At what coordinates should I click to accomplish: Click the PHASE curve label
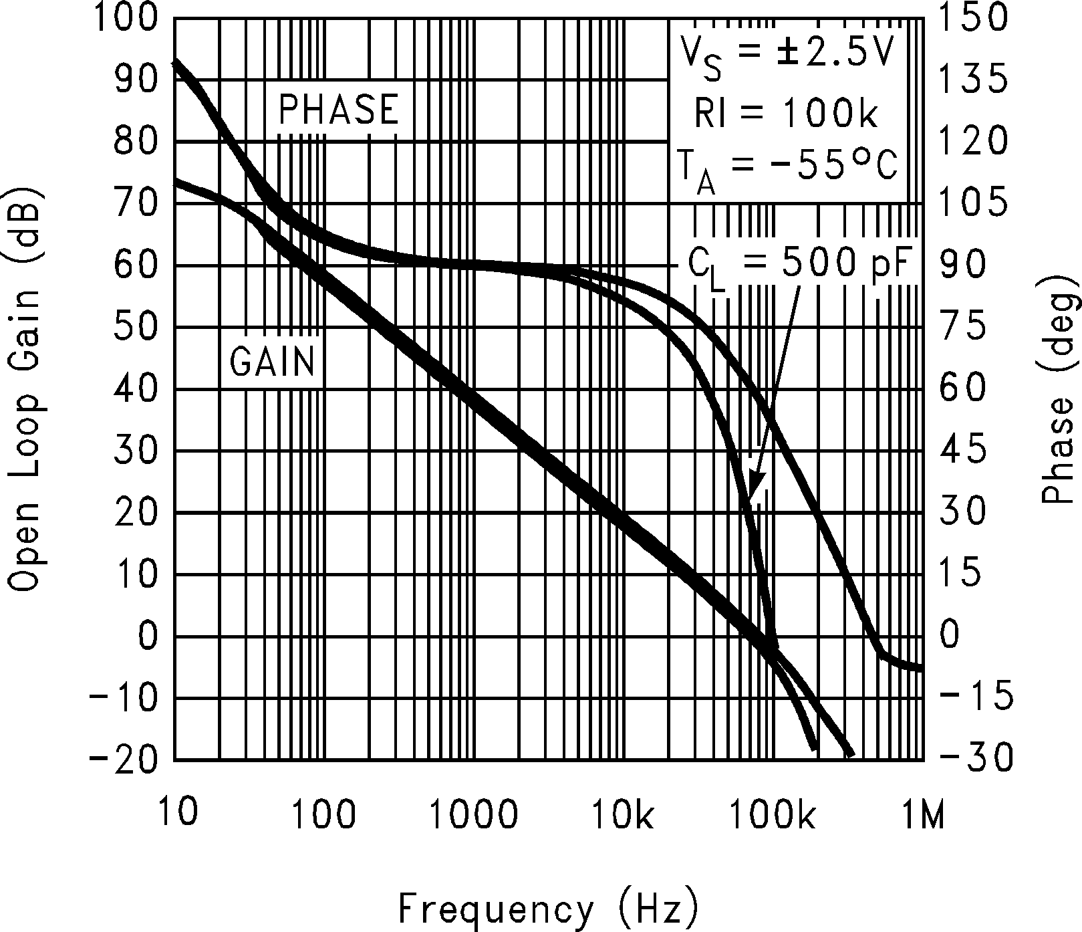pos(338,109)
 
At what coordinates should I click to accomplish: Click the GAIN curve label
pos(272,362)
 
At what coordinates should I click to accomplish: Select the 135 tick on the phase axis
pos(972,79)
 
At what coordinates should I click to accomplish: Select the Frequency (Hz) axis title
pos(549,908)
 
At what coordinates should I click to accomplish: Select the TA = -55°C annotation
pos(786,170)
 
